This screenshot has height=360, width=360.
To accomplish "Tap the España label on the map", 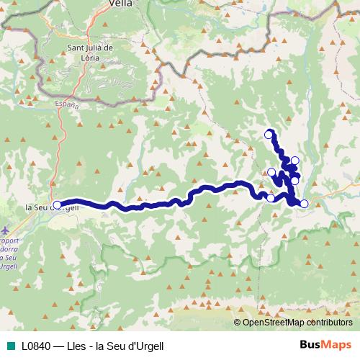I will tap(68, 104).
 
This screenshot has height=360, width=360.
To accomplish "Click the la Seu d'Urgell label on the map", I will tap(47, 208).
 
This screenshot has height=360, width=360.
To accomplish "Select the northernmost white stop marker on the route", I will tap(269, 133).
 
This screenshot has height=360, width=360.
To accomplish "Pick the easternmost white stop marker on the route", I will tap(304, 204).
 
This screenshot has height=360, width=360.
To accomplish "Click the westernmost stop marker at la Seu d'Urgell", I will tap(58, 204).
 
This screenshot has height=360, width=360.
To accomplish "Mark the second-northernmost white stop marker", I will tap(294, 160).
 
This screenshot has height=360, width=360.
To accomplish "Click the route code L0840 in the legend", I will tap(36, 346).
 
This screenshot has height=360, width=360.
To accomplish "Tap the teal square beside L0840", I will tap(10, 346).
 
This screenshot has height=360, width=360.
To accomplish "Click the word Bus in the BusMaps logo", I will tap(309, 345).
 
